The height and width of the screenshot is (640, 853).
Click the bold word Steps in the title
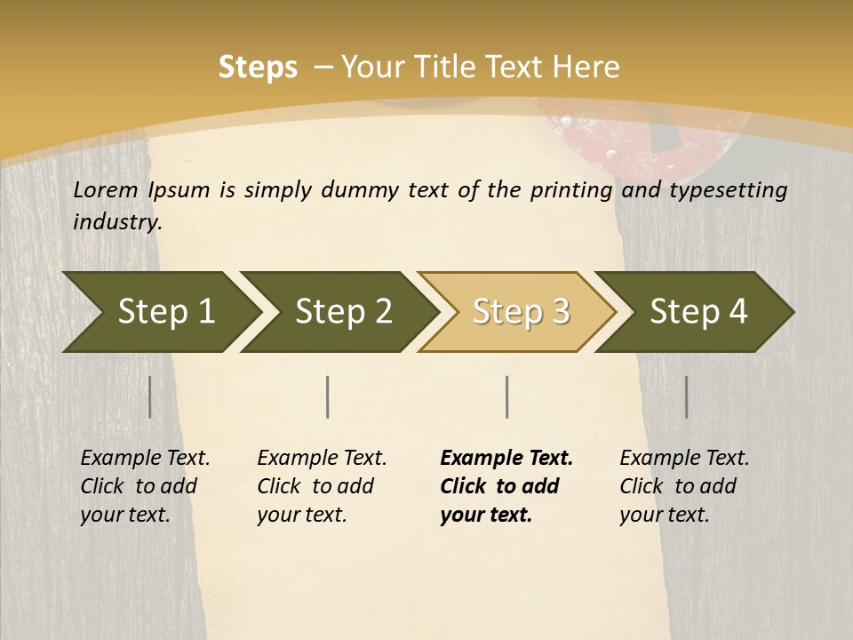pyautogui.click(x=258, y=68)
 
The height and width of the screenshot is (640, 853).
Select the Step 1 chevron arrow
pyautogui.click(x=160, y=312)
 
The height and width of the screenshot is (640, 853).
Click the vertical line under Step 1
pyautogui.click(x=150, y=396)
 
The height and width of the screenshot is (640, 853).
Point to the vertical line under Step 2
pyautogui.click(x=328, y=396)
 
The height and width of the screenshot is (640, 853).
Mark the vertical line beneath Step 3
pyautogui.click(x=507, y=396)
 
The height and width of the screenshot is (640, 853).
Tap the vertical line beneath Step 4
pyautogui.click(x=687, y=396)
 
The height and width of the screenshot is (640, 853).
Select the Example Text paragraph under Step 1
pyautogui.click(x=144, y=486)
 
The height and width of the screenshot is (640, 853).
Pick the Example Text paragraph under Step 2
pyautogui.click(x=321, y=486)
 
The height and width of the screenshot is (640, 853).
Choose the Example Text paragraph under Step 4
pyautogui.click(x=683, y=486)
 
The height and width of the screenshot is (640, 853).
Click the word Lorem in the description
pyautogui.click(x=106, y=190)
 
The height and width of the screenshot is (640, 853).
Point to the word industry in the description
pyautogui.click(x=116, y=222)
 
